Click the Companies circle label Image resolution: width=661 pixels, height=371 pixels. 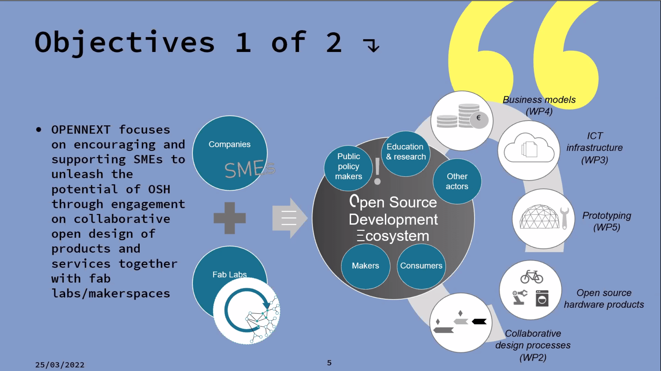(x=229, y=145)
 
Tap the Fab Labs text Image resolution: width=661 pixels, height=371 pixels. (x=229, y=275)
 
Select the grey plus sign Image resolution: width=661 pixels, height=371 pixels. (x=230, y=218)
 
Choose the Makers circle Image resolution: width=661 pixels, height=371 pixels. (x=365, y=266)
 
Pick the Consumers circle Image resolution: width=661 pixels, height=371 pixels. (x=421, y=266)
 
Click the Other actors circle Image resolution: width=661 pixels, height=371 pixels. (x=457, y=181)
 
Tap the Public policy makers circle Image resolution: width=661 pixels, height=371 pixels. (x=348, y=167)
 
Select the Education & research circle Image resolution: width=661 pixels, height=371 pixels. (x=406, y=152)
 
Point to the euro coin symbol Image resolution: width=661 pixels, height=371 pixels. (x=479, y=118)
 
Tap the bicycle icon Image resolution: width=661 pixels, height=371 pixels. (x=532, y=277)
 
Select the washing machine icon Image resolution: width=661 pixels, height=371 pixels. (x=542, y=298)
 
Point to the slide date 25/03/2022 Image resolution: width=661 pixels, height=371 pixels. (x=60, y=365)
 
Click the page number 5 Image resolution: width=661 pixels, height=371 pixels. (x=329, y=363)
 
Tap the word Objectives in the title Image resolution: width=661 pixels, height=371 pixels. (x=125, y=43)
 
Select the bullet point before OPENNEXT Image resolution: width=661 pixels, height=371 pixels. (x=39, y=130)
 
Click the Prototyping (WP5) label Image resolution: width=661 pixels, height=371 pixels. (x=607, y=221)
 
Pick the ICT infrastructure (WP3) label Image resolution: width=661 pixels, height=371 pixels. (x=595, y=148)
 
